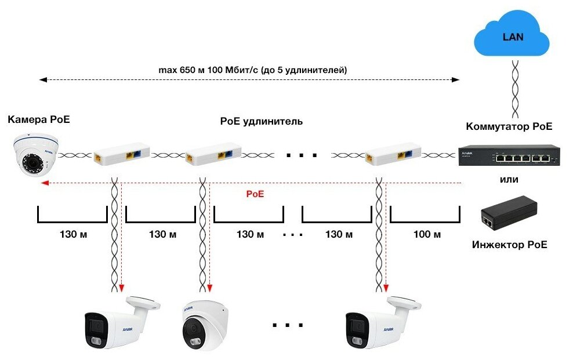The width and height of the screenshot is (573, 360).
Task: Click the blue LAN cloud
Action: (512, 38)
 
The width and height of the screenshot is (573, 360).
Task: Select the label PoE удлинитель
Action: (262, 122)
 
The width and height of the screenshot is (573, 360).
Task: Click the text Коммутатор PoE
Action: (509, 126)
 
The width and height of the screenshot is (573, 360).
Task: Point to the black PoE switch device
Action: (509, 155)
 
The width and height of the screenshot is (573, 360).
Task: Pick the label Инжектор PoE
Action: (509, 245)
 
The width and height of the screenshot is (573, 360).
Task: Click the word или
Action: (509, 180)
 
